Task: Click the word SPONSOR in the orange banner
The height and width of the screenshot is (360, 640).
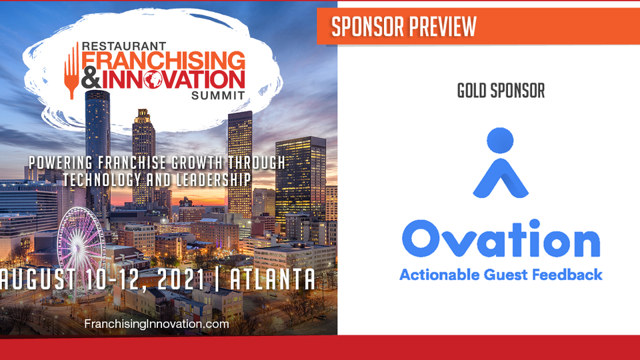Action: (368, 27)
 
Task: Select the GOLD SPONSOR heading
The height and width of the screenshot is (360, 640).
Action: (501, 91)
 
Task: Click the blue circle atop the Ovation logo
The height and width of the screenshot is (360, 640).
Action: (500, 141)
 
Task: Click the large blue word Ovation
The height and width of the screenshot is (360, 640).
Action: (501, 239)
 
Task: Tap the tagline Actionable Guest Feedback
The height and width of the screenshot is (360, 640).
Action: (501, 275)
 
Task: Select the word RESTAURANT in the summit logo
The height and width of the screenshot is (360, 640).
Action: (124, 46)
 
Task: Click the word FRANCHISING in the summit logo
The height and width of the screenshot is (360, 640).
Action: (163, 61)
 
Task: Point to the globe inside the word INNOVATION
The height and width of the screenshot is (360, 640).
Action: (153, 79)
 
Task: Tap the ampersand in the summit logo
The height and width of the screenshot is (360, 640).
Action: (91, 79)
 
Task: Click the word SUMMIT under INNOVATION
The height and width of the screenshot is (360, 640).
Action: (218, 96)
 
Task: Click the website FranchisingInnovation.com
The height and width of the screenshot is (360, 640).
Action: (156, 324)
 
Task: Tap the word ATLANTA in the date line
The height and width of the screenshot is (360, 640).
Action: (273, 279)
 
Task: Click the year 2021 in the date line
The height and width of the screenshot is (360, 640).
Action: (181, 279)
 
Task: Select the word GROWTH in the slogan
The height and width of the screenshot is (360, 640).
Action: (197, 163)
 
